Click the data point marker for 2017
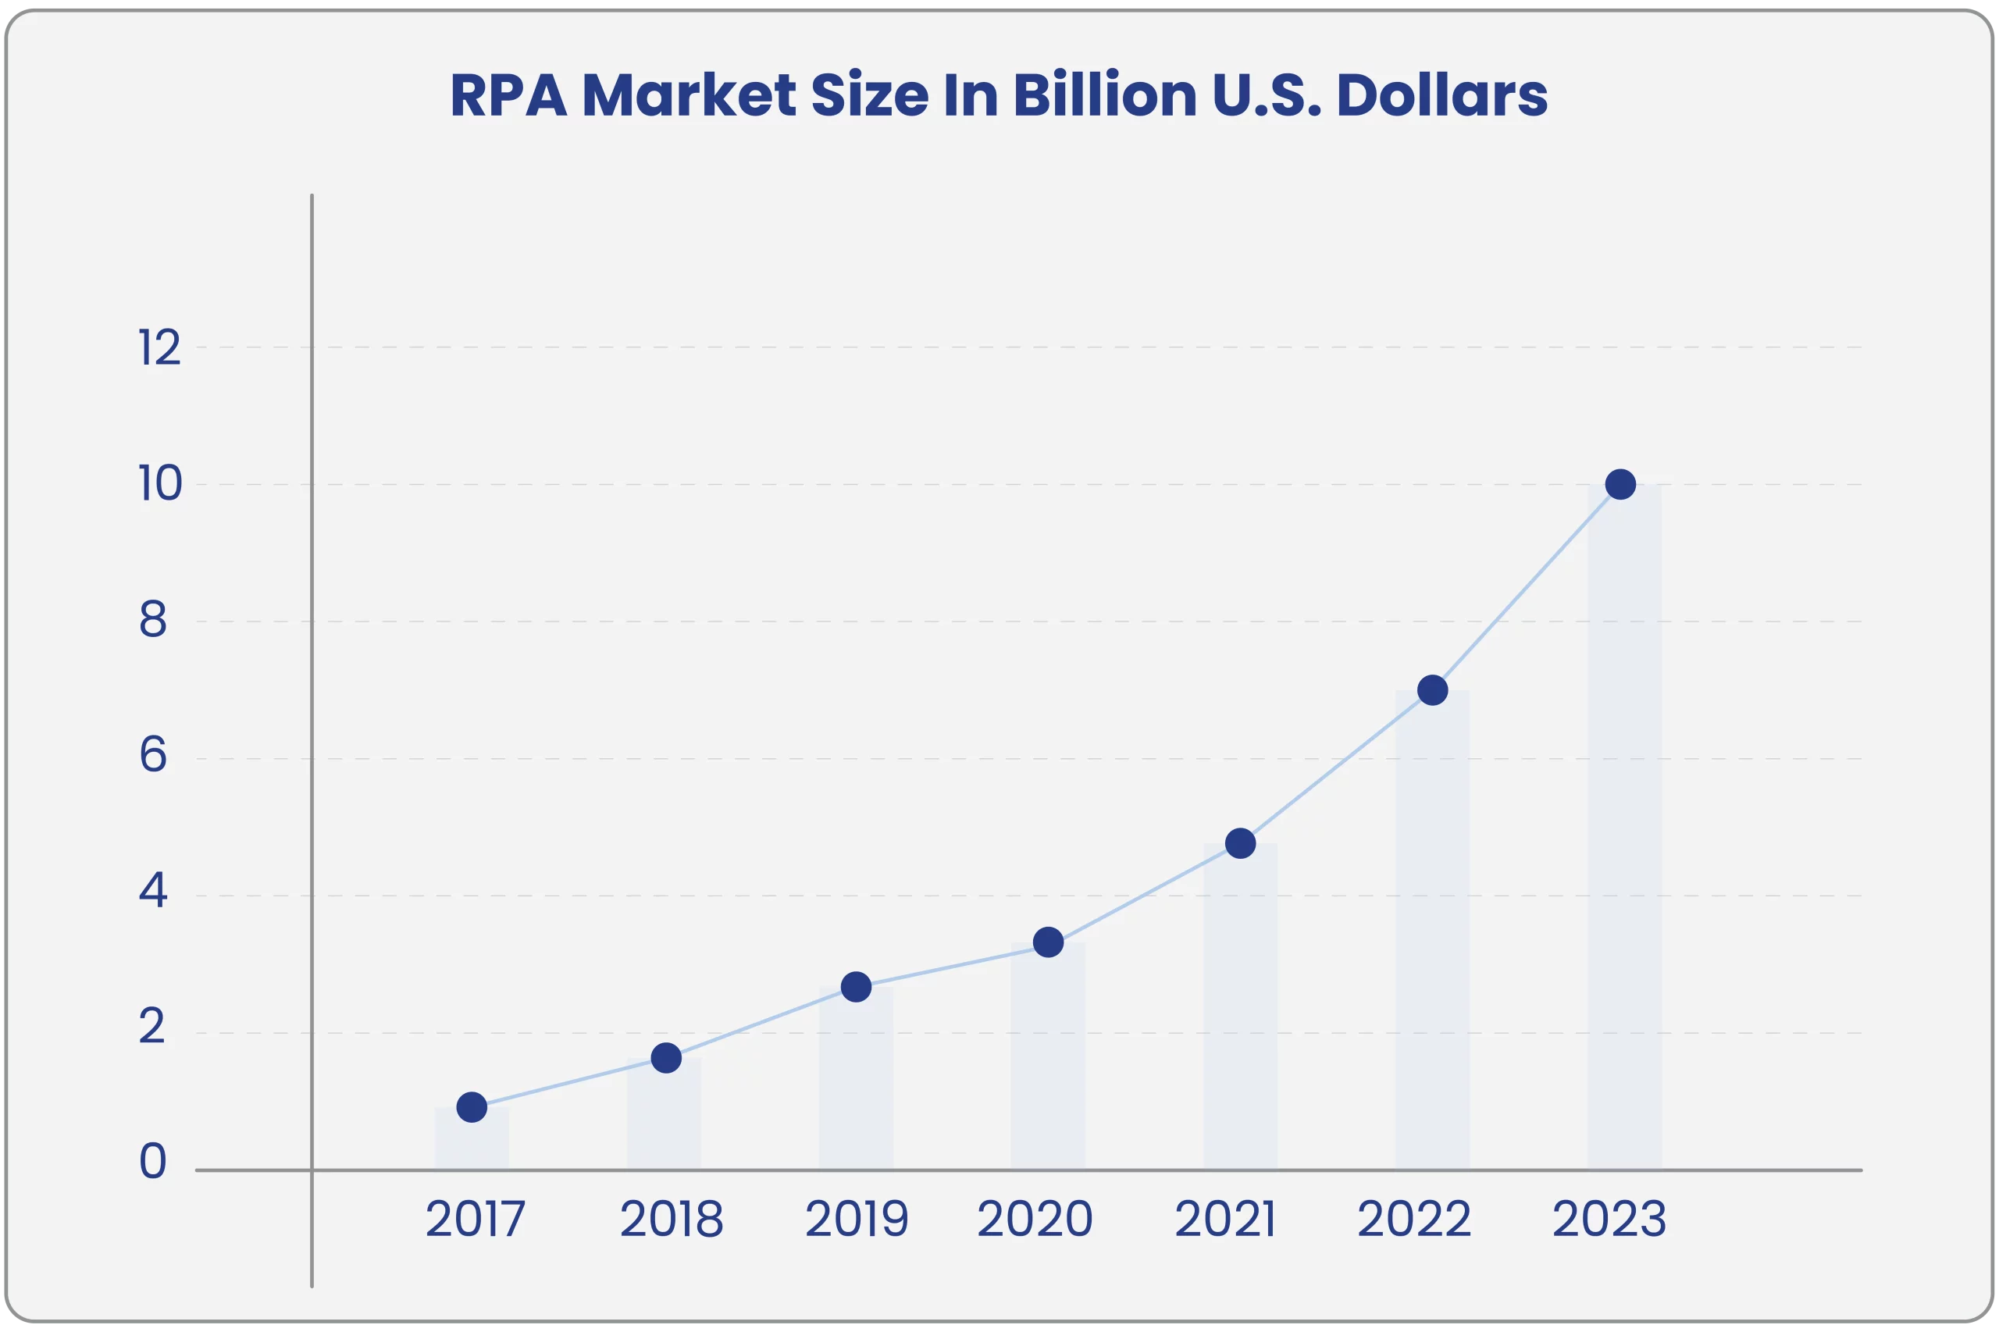click(x=472, y=1107)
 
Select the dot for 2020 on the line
click(x=1049, y=942)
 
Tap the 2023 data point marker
click(x=1620, y=484)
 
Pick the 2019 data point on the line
click(x=856, y=986)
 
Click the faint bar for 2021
click(x=1240, y=1020)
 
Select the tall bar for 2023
click(x=1624, y=849)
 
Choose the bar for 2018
click(x=665, y=1121)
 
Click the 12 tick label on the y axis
click(x=160, y=348)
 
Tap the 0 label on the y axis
click(x=153, y=1162)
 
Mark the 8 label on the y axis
click(x=153, y=621)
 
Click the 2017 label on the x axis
click(x=475, y=1220)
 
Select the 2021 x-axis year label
click(x=1225, y=1220)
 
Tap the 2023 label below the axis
click(x=1609, y=1220)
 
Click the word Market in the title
click(x=689, y=95)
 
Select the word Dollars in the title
click(x=1441, y=95)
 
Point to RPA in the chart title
click(x=508, y=95)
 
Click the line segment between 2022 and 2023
click(x=1527, y=587)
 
